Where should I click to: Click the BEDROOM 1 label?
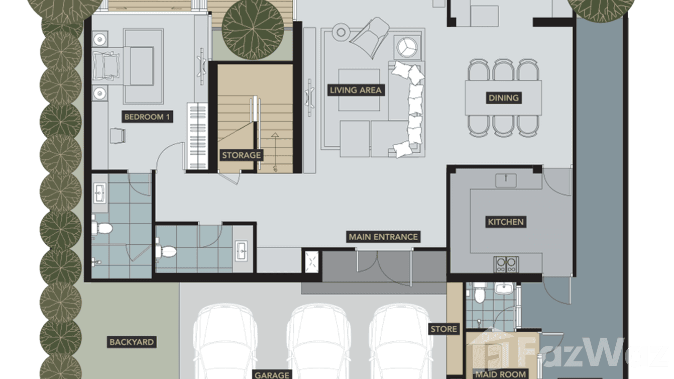[x=147, y=117]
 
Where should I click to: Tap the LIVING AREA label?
[x=356, y=90]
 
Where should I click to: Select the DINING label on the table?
[x=504, y=98]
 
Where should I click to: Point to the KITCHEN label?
[x=506, y=222]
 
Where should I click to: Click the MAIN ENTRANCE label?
[x=383, y=237]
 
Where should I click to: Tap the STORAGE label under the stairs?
[x=241, y=155]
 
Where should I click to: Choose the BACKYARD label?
[x=132, y=342]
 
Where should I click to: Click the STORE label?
[x=444, y=329]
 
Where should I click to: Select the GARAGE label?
[x=272, y=374]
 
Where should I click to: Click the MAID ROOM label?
[x=501, y=374]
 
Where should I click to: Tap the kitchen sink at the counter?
[x=506, y=180]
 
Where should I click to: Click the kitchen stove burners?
[x=506, y=264]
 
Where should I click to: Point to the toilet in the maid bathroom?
[x=479, y=293]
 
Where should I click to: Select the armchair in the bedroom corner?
[x=118, y=136]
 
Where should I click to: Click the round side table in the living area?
[x=341, y=32]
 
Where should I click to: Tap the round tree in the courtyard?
[x=253, y=29]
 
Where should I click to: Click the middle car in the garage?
[x=318, y=342]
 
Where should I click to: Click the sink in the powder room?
[x=241, y=250]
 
